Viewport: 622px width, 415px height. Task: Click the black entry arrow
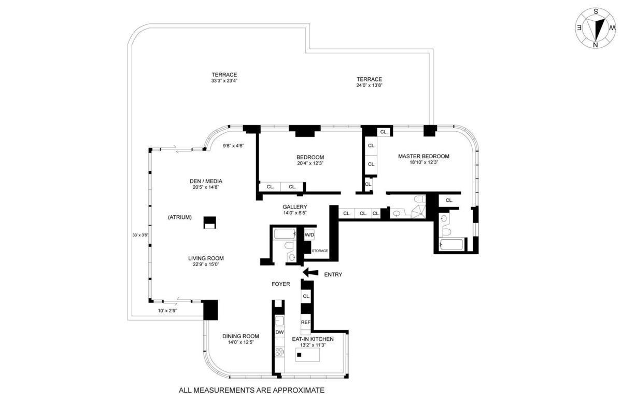pos(310,272)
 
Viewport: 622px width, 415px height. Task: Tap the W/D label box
pos(309,235)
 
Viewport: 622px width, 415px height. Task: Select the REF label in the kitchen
pos(305,322)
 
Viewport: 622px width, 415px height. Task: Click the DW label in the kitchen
pos(279,332)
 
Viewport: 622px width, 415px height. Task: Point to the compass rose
pos(596,28)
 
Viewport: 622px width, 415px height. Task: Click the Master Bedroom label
pos(423,156)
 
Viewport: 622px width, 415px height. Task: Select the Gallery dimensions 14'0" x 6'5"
pos(294,213)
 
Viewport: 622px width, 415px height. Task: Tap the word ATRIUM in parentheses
pos(180,217)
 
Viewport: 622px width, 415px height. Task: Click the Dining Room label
pos(241,336)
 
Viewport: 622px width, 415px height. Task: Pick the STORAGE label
pos(320,251)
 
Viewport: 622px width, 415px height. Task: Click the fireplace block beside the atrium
pos(209,223)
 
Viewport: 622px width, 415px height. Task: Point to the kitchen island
pos(307,355)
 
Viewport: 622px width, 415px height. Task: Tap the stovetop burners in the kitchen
pos(279,352)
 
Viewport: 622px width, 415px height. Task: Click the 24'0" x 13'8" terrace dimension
pos(369,86)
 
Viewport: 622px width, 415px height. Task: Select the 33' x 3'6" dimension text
pos(140,235)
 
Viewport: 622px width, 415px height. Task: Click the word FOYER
pos(281,284)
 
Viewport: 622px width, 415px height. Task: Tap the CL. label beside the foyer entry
pos(306,296)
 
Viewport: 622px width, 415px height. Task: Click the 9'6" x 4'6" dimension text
pos(233,146)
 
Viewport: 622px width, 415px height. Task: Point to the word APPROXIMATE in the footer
pos(299,390)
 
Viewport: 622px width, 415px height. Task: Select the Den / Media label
pos(206,181)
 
